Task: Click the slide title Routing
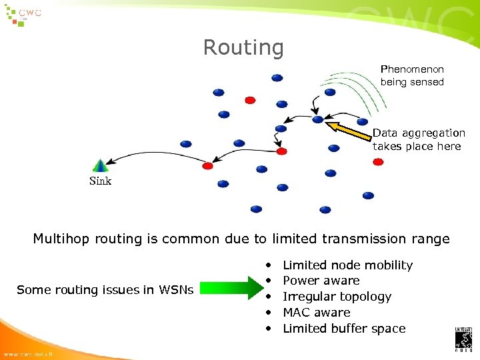[x=243, y=47]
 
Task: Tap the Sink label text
[x=100, y=181]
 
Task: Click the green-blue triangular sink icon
[x=100, y=165]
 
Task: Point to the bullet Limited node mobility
[x=347, y=265]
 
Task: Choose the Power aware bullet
[x=321, y=281]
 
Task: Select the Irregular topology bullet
[x=337, y=297]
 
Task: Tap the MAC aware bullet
[x=316, y=312]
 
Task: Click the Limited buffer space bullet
[x=343, y=328]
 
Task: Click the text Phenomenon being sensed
[x=412, y=75]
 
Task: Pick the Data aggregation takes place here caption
[x=418, y=139]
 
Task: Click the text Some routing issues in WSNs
[x=105, y=289]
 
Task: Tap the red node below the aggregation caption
[x=378, y=162]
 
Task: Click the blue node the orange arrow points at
[x=318, y=120]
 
